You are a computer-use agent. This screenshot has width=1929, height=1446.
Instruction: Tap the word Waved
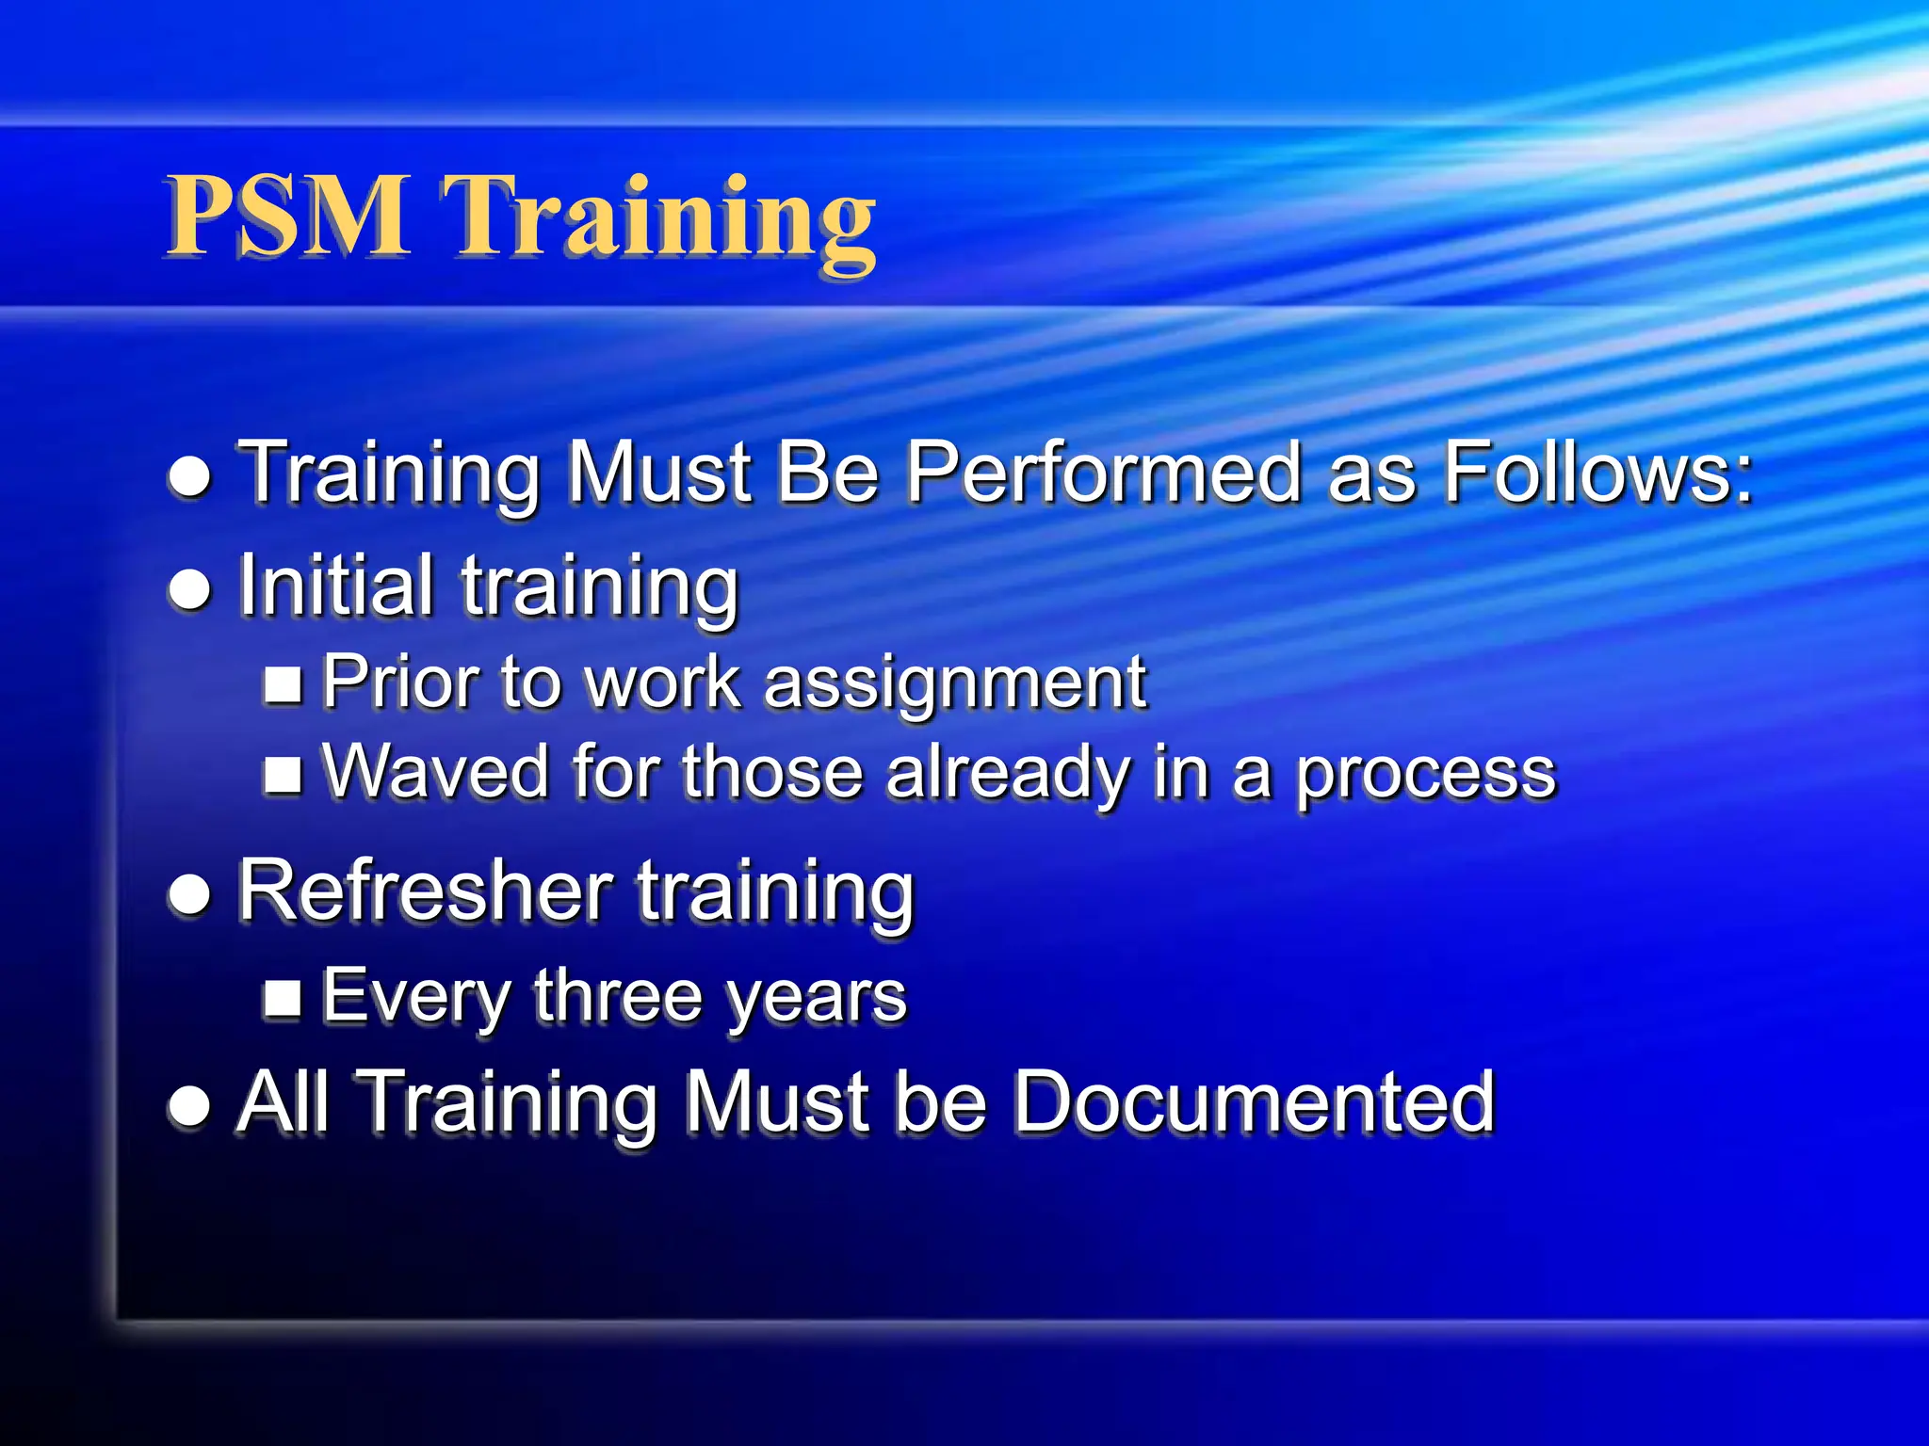tap(435, 772)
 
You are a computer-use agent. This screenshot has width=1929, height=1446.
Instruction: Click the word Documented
tap(1254, 1101)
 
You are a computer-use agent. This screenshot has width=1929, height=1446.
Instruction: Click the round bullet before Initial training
tap(189, 589)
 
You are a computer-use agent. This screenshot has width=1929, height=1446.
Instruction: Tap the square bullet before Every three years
tap(283, 999)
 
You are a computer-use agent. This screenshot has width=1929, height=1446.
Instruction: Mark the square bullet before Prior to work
tap(283, 684)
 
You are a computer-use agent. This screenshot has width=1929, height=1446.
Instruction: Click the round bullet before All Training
tap(189, 1104)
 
